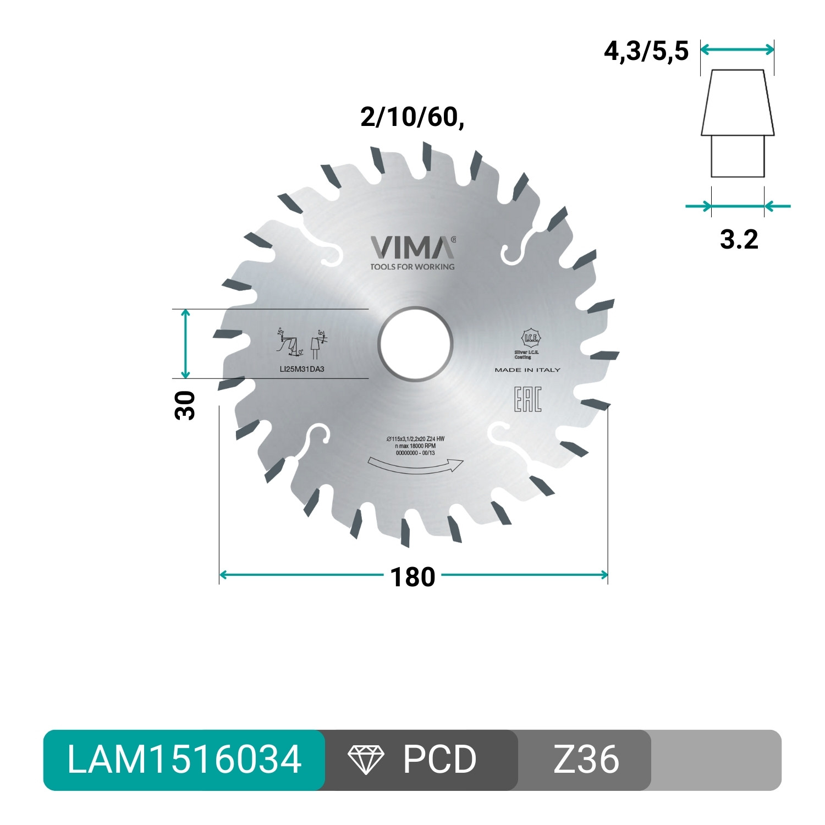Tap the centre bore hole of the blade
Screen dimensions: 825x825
pos(415,344)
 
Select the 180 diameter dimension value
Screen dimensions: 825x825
pos(413,577)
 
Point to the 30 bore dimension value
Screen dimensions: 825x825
pos(185,405)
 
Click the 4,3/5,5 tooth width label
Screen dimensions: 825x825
pos(646,52)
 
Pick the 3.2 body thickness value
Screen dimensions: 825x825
pos(739,239)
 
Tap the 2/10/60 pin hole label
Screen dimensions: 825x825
pos(412,117)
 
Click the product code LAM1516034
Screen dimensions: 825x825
pos(184,760)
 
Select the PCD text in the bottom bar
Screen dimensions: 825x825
pos(439,760)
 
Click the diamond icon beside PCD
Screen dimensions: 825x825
pos(366,760)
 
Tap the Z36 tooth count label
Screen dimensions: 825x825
pos(586,760)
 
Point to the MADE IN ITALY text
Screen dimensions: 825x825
pos(527,370)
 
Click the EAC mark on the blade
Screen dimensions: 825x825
pos(527,399)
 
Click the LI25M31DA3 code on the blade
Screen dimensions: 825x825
pos(302,369)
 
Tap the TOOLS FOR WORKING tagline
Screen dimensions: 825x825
pos(413,267)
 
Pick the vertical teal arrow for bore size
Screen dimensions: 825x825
pos(185,344)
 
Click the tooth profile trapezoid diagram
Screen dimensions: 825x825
pos(738,123)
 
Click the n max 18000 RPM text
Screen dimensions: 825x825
pos(415,446)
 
